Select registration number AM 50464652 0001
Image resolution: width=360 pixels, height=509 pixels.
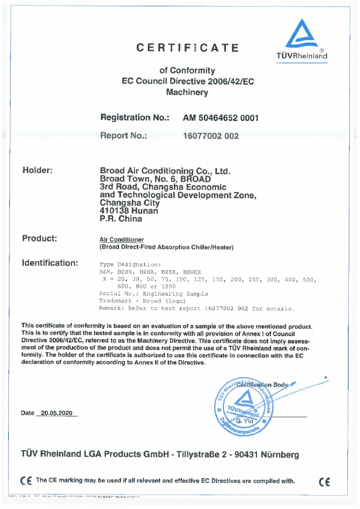point(220,118)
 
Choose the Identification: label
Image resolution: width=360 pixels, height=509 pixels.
point(49,263)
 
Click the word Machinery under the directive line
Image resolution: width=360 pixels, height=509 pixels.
point(187,92)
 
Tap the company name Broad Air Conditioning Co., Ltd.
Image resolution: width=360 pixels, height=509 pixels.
point(164,171)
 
